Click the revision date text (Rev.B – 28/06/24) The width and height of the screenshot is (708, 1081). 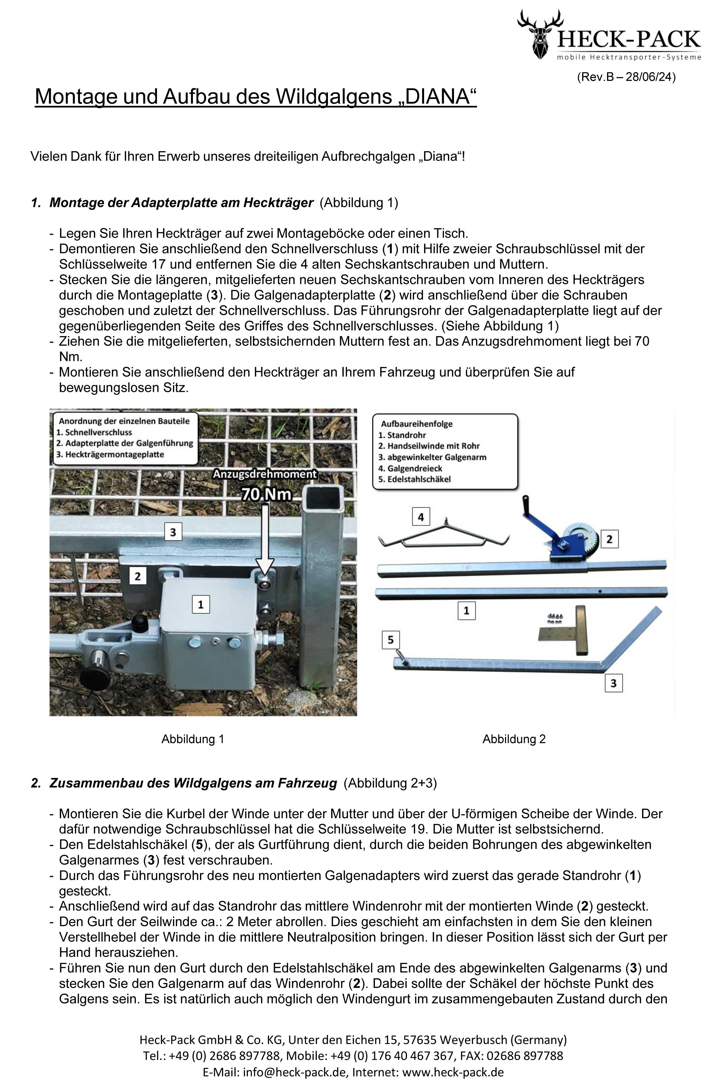[x=626, y=77]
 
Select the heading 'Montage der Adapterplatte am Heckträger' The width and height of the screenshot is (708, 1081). [x=181, y=203]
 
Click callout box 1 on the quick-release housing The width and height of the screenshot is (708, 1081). [x=201, y=604]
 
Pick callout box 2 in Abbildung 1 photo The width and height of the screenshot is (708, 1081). [x=138, y=576]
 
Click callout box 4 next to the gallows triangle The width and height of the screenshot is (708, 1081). [x=421, y=517]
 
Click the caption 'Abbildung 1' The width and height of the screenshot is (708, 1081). [x=193, y=739]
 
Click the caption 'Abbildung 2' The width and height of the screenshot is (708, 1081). [x=513, y=739]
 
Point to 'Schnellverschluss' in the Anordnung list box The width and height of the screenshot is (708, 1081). [x=99, y=432]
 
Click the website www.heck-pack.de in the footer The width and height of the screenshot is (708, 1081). [x=453, y=1072]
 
